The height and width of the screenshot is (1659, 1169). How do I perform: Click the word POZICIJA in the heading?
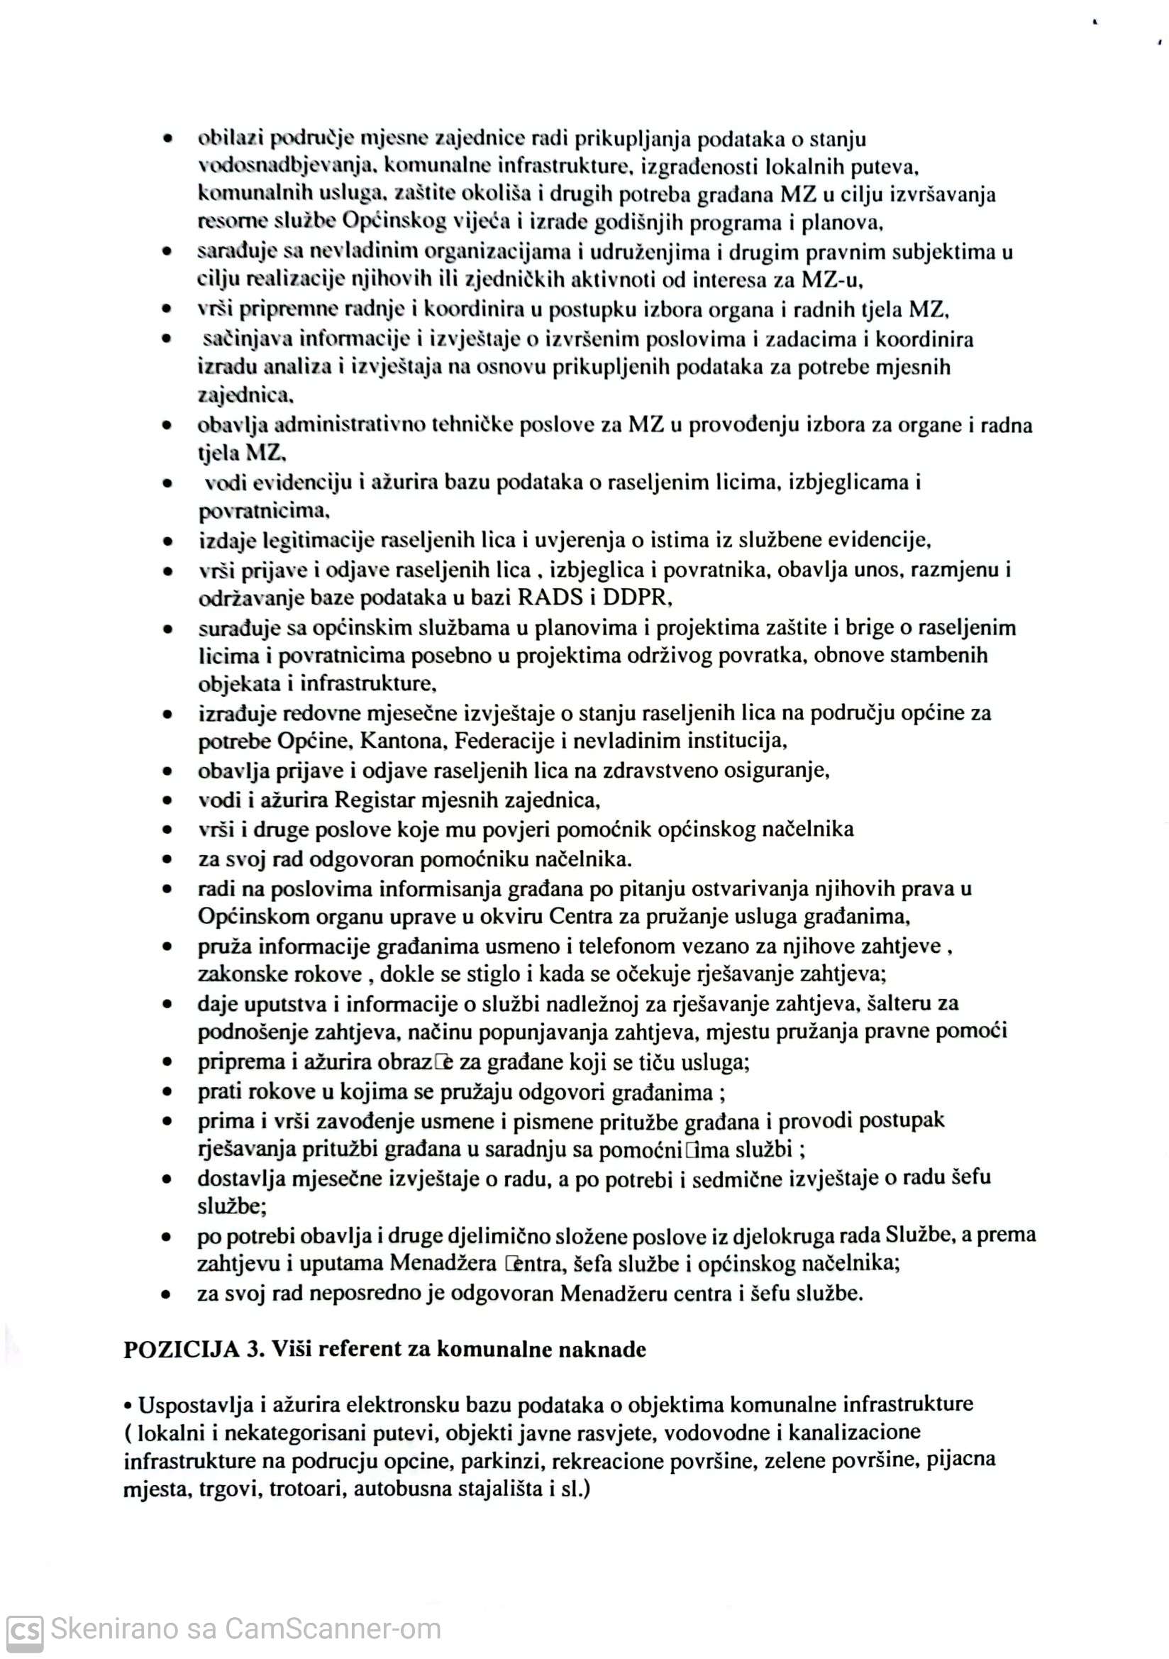181,1348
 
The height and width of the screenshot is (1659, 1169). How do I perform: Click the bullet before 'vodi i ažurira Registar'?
167,800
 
